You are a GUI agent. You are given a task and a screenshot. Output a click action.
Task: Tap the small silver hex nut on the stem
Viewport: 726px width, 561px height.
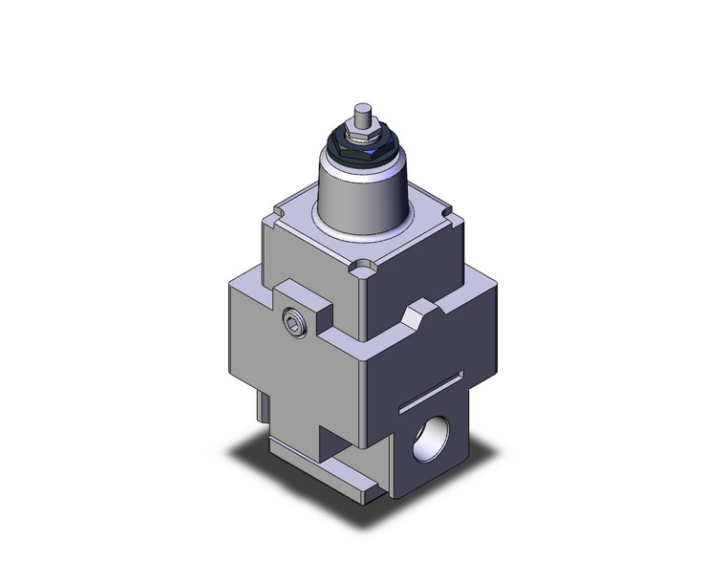point(361,139)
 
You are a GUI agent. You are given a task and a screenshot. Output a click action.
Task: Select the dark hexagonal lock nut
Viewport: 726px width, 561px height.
point(360,152)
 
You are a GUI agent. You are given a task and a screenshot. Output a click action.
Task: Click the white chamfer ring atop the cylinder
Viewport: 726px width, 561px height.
point(363,172)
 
